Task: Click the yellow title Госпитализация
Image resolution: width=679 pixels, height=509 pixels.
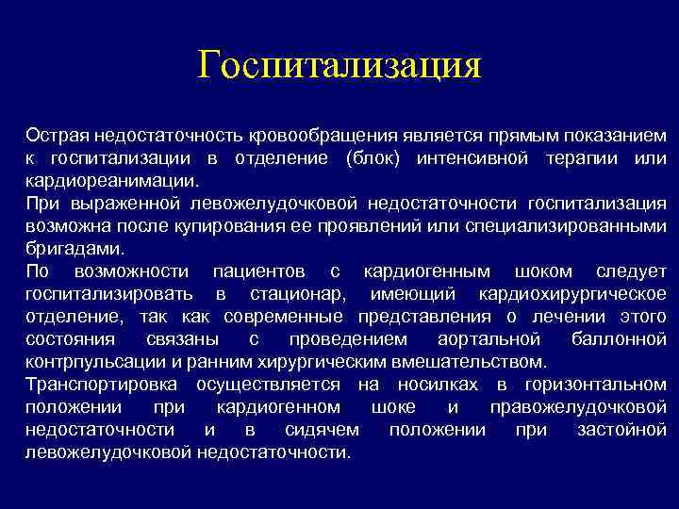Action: (x=339, y=67)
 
